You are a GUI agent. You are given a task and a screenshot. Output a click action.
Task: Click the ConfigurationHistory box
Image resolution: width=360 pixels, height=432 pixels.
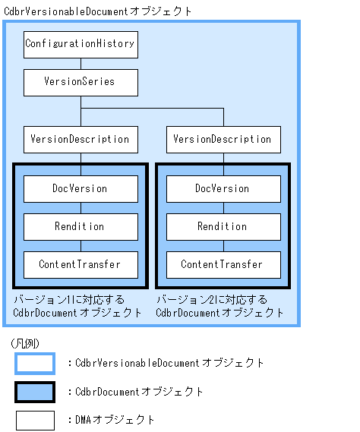pos(81,44)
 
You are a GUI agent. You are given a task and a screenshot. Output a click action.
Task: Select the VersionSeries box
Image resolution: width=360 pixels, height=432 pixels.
pos(81,82)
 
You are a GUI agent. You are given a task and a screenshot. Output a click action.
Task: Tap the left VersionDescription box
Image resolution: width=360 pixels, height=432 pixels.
pos(81,139)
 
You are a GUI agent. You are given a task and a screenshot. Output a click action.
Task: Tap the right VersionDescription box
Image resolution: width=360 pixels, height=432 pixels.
pos(223,139)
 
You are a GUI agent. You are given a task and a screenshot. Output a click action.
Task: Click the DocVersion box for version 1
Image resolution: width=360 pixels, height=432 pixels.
pos(81,188)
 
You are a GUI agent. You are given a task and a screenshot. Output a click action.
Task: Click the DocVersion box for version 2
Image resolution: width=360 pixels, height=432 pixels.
pos(223,188)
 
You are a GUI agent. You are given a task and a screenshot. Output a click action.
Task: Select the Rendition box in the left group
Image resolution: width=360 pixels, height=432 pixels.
pos(81,226)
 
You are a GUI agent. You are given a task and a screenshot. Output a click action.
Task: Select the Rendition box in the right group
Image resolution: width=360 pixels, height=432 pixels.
pos(223,226)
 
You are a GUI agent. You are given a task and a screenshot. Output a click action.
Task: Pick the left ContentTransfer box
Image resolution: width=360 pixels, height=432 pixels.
pos(81,264)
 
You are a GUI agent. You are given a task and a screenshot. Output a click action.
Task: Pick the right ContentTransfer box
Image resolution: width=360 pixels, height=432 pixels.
pos(223,264)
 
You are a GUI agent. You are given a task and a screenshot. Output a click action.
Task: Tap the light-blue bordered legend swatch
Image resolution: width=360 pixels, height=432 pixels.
pos(35,364)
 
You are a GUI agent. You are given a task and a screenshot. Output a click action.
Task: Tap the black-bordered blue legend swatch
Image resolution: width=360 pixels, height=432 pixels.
pos(35,392)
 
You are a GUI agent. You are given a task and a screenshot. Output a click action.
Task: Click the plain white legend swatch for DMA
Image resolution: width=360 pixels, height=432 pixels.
pos(35,420)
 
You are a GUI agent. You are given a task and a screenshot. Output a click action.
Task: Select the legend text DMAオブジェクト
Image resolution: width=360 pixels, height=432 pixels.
pos(115,420)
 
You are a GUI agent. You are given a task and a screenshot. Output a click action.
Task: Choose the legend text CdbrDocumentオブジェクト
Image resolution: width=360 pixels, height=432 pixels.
pos(140,392)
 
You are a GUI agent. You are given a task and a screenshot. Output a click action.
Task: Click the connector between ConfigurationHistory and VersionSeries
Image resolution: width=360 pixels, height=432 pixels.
pos(81,63)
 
